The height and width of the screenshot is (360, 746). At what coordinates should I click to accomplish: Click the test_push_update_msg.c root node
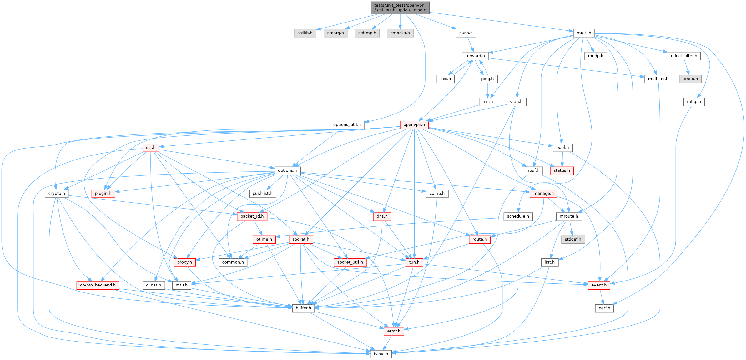pyautogui.click(x=400, y=8)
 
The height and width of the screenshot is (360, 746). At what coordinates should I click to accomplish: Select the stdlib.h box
pyautogui.click(x=305, y=33)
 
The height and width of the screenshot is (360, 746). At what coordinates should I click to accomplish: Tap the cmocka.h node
pyautogui.click(x=400, y=33)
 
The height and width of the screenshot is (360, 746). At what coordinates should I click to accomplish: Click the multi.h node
pyautogui.click(x=584, y=33)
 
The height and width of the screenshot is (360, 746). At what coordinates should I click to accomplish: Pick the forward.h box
pyautogui.click(x=475, y=56)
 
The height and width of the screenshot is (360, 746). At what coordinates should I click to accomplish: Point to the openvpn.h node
pyautogui.click(x=414, y=124)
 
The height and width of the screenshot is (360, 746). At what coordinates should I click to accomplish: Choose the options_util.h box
pyautogui.click(x=347, y=124)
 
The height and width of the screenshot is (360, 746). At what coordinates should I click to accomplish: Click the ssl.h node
pyautogui.click(x=151, y=148)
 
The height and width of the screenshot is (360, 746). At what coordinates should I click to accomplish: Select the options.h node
pyautogui.click(x=287, y=170)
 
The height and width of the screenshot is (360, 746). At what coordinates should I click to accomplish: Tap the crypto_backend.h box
pyautogui.click(x=98, y=285)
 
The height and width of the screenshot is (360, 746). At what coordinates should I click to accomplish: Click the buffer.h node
pyautogui.click(x=303, y=308)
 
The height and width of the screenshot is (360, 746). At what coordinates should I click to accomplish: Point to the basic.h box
pyautogui.click(x=381, y=354)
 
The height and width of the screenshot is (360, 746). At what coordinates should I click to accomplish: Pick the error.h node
pyautogui.click(x=394, y=331)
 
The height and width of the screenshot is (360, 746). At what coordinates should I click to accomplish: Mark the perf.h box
pyautogui.click(x=604, y=308)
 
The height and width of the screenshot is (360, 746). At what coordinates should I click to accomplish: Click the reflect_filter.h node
pyautogui.click(x=683, y=56)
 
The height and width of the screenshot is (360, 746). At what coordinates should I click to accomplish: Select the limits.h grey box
pyautogui.click(x=690, y=79)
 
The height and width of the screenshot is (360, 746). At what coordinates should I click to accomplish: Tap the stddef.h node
pyautogui.click(x=573, y=239)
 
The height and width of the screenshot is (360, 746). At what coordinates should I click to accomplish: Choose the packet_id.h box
pyautogui.click(x=252, y=216)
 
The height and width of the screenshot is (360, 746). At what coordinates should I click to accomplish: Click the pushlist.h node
pyautogui.click(x=262, y=193)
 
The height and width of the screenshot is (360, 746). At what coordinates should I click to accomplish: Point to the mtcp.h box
pyautogui.click(x=694, y=102)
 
